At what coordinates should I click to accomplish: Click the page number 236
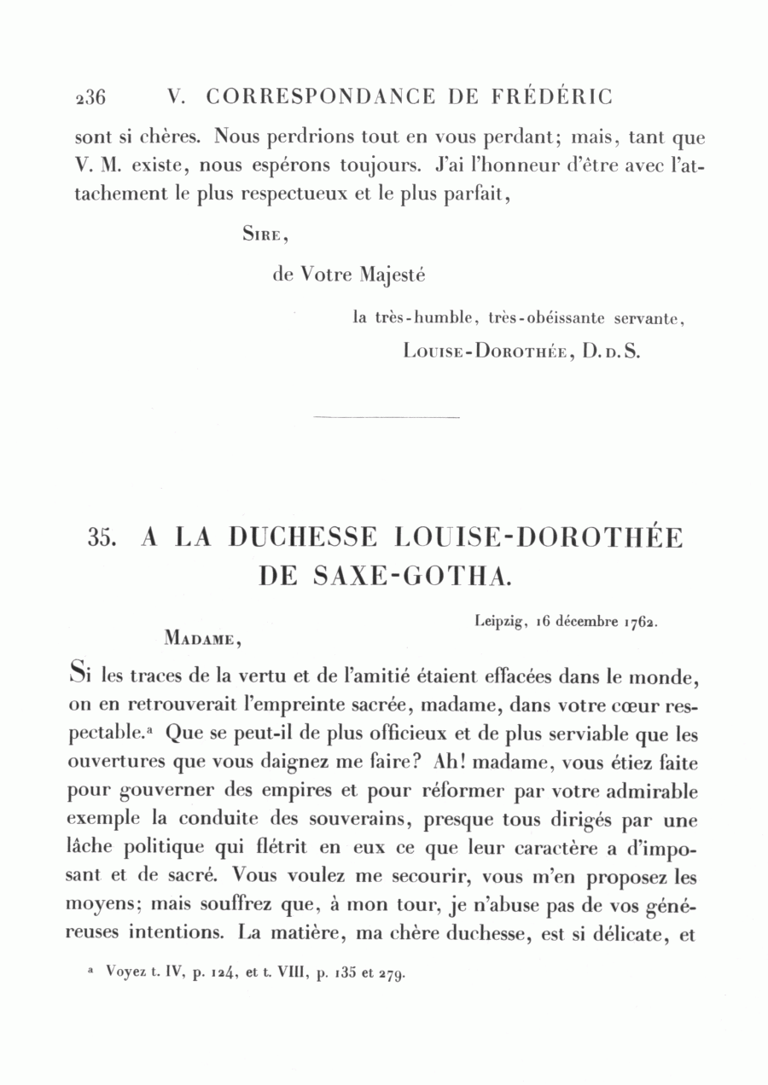(x=90, y=97)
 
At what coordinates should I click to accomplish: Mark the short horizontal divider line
(x=387, y=416)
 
